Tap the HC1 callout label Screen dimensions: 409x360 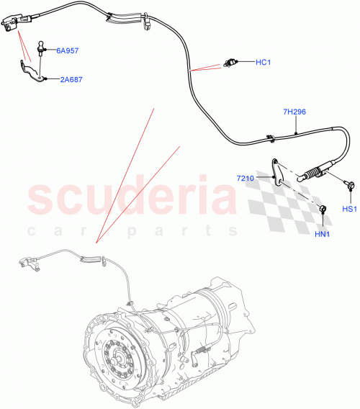(263, 62)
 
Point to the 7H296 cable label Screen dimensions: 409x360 (295, 112)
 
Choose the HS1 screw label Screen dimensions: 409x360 (349, 210)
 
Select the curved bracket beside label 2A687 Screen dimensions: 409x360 (30, 71)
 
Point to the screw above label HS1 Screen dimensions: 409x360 (349, 186)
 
